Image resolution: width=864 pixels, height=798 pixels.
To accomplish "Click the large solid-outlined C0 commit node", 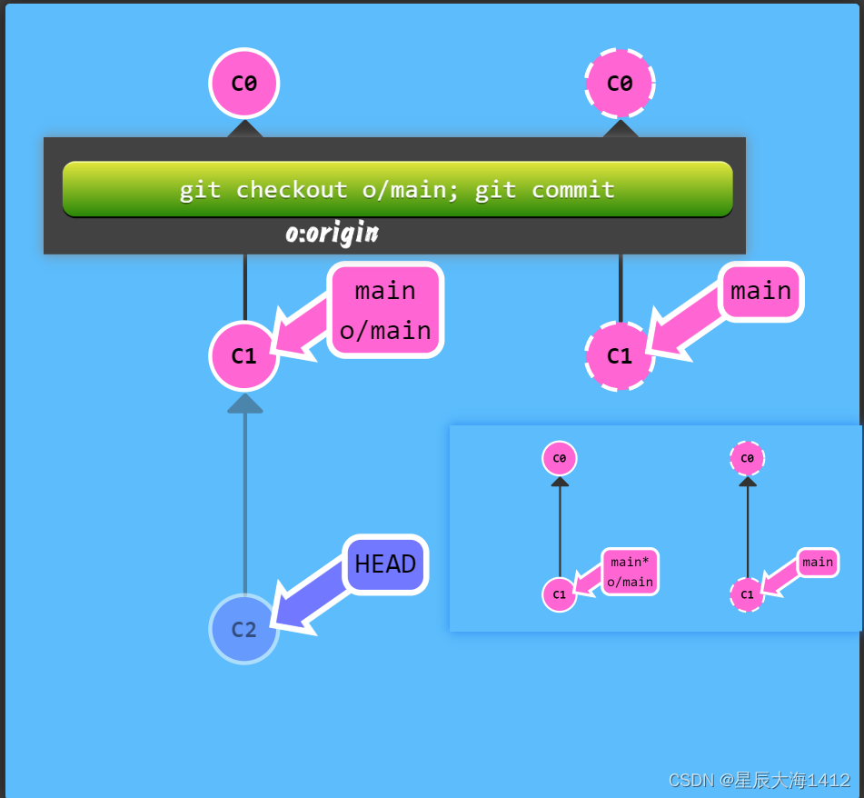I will point(243,84).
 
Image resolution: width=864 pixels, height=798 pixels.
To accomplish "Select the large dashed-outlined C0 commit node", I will point(620,84).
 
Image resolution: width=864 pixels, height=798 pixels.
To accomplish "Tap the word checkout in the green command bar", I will point(291,190).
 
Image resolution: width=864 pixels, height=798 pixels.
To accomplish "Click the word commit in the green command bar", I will point(572,190).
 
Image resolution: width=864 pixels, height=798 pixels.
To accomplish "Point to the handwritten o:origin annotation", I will point(332,234).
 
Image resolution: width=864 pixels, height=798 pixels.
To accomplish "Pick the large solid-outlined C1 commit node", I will point(243,355).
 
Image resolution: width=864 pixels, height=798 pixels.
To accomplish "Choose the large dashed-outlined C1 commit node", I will point(620,355).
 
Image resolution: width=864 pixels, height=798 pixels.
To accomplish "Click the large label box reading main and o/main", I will point(385,310).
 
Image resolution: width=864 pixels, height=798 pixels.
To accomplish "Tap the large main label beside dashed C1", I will point(761,291).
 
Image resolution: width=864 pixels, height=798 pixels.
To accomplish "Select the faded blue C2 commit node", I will point(243,629).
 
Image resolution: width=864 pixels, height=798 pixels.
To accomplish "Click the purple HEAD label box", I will point(385,564).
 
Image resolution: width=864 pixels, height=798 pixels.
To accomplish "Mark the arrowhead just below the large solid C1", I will point(244,404).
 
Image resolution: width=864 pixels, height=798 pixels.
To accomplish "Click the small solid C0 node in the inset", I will point(560,458).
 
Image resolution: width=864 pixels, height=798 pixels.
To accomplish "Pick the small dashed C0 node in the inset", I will point(747,458).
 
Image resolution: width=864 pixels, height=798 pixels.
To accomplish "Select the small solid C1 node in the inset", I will point(560,594).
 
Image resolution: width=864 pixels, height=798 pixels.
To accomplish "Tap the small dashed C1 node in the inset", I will point(747,594).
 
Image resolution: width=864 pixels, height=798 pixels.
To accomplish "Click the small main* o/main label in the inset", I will point(630,572).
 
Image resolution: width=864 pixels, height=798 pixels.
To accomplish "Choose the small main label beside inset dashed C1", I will point(818,563).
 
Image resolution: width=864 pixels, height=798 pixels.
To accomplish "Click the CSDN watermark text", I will point(760,780).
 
